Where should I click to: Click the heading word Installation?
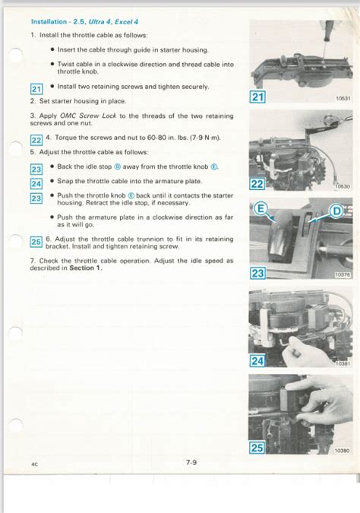pyautogui.click(x=49, y=21)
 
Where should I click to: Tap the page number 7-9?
pyautogui.click(x=191, y=462)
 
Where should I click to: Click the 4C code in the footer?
pyautogui.click(x=35, y=464)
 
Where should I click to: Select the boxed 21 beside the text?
pyautogui.click(x=36, y=89)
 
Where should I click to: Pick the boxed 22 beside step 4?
pyautogui.click(x=36, y=140)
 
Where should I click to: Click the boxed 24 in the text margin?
pyautogui.click(x=36, y=184)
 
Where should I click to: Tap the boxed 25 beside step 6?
pyautogui.click(x=36, y=242)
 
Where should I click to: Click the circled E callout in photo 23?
pyautogui.click(x=261, y=208)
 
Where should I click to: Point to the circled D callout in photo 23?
pyautogui.click(x=336, y=211)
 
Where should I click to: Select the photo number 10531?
pyautogui.click(x=343, y=98)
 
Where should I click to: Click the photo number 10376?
pyautogui.click(x=343, y=275)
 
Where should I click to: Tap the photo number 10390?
pyautogui.click(x=343, y=451)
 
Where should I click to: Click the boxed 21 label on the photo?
pyautogui.click(x=257, y=97)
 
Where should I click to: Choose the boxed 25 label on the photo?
pyautogui.click(x=257, y=448)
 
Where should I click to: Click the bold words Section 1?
pyautogui.click(x=86, y=268)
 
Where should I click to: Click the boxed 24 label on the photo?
pyautogui.click(x=257, y=360)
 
